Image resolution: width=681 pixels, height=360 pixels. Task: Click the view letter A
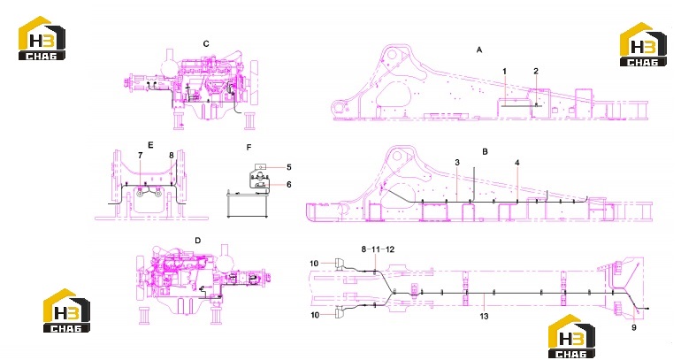(x=479, y=50)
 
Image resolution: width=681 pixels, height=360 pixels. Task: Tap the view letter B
(x=485, y=151)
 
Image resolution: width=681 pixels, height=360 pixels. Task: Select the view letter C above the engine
(x=206, y=44)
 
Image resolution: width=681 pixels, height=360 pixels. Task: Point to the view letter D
(x=198, y=241)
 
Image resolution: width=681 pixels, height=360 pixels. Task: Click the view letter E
(x=150, y=145)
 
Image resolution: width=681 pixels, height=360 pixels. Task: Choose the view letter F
(x=249, y=148)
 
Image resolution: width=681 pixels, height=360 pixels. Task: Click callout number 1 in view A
(x=505, y=72)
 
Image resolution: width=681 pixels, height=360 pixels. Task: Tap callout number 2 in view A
(x=536, y=72)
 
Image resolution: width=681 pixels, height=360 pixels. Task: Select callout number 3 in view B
(x=457, y=163)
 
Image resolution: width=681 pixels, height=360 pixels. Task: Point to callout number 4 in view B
(x=516, y=163)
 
